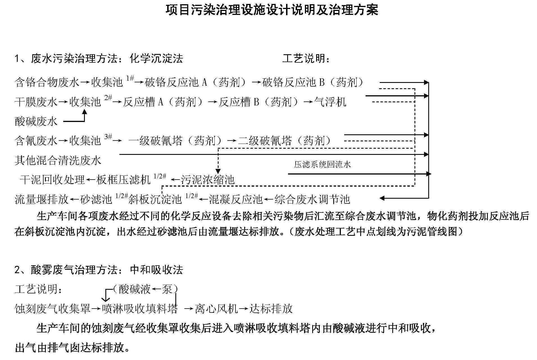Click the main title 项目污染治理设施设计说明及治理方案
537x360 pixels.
pyautogui.click(x=272, y=10)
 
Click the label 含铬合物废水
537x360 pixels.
pyautogui.click(x=47, y=82)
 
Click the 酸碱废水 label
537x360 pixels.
pyautogui.click(x=36, y=121)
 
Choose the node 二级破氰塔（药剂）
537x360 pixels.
pyautogui.click(x=285, y=141)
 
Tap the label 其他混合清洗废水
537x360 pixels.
pyautogui.click(x=58, y=160)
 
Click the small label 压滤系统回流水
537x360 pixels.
pyautogui.click(x=323, y=164)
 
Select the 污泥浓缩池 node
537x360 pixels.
pyautogui.click(x=208, y=180)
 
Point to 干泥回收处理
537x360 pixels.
pyautogui.click(x=52, y=180)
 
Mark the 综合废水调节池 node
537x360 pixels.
pyautogui.click(x=312, y=199)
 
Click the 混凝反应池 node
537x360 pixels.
pyautogui.click(x=235, y=199)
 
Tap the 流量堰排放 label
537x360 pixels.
pyautogui.click(x=42, y=199)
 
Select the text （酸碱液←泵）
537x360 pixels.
pyautogui.click(x=146, y=289)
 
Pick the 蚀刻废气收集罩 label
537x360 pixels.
pyautogui.click(x=53, y=309)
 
